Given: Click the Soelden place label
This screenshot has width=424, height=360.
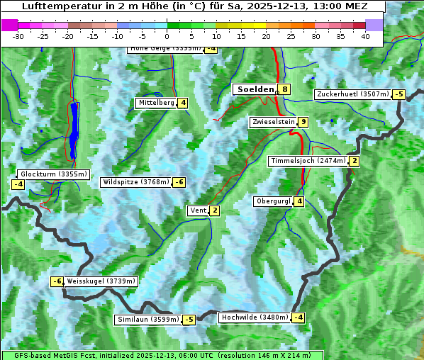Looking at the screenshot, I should [255, 89].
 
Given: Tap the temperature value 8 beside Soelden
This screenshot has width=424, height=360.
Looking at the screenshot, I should [284, 89].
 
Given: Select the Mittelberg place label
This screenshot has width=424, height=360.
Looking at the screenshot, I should [157, 103].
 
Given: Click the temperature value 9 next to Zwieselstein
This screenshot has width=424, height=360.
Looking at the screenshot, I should [303, 122].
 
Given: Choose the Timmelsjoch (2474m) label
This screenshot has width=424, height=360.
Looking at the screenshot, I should [308, 161].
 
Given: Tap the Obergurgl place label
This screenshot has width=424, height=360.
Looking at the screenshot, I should [273, 201].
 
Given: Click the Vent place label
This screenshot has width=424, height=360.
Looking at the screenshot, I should [198, 210].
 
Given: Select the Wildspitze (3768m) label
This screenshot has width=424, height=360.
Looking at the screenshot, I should [136, 182].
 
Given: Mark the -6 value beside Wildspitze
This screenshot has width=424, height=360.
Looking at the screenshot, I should [179, 182].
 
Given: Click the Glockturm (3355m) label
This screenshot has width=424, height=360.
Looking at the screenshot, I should [54, 174].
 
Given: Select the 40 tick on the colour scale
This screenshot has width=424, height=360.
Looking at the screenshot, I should [365, 36].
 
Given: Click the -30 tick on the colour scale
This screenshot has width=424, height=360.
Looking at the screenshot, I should [18, 36].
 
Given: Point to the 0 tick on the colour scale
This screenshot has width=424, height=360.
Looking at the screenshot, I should [167, 36].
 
